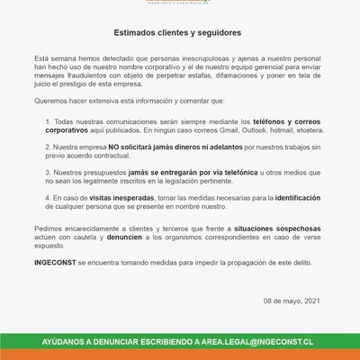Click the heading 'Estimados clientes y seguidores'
pyautogui.click(x=180, y=30)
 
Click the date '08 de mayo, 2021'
pyautogui.click(x=291, y=300)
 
